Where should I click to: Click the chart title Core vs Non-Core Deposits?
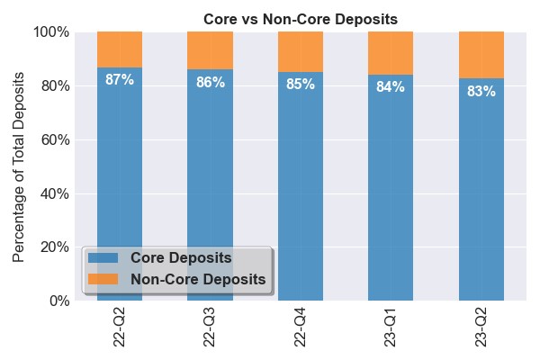pyautogui.click(x=301, y=19)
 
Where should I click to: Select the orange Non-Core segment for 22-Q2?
pyautogui.click(x=120, y=49)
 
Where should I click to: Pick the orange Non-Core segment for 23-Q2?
pyautogui.click(x=481, y=55)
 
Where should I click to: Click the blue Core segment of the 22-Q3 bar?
pyautogui.click(x=210, y=180)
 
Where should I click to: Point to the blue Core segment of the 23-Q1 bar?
pyautogui.click(x=391, y=189)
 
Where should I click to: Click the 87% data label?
pyautogui.click(x=120, y=80)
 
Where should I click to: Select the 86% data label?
pyautogui.click(x=210, y=83)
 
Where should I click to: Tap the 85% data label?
pyautogui.click(x=301, y=85)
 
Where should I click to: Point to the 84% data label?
pyautogui.click(x=391, y=87)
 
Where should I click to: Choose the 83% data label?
pyautogui.click(x=481, y=91)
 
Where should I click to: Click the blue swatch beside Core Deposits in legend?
pyautogui.click(x=103, y=258)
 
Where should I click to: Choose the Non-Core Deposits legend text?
pyautogui.click(x=198, y=280)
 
